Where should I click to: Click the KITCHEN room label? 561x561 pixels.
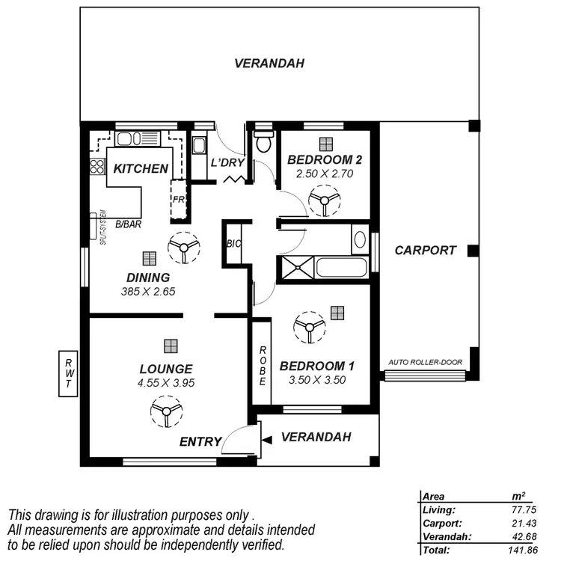point(141,168)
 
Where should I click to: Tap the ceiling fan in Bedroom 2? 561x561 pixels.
point(323,200)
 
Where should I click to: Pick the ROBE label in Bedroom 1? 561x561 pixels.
point(263,366)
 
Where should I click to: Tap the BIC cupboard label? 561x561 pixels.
point(233,244)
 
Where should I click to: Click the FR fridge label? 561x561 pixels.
point(178,200)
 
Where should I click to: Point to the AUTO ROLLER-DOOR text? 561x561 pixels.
point(426,363)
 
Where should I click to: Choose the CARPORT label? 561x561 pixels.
point(425,251)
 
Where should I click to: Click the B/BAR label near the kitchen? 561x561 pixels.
point(130,224)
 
